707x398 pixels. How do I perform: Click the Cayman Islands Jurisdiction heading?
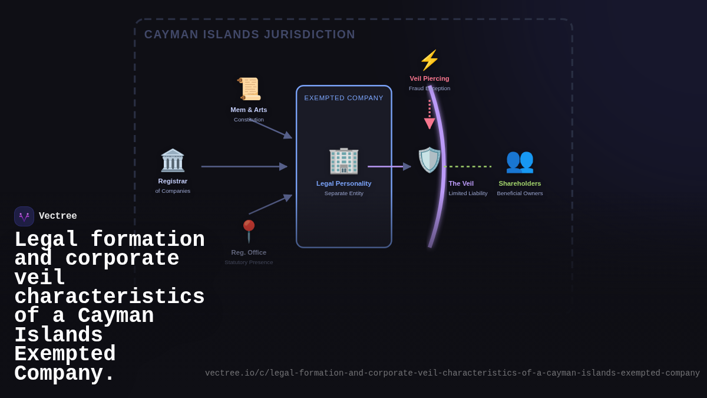coord(250,35)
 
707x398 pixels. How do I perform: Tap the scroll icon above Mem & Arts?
coord(249,88)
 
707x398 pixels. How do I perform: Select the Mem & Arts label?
coord(249,110)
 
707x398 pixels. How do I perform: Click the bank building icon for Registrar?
coord(173,160)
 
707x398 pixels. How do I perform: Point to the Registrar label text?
coord(173,181)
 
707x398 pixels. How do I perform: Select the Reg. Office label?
coord(249,252)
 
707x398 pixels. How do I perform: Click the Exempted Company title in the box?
coord(344,98)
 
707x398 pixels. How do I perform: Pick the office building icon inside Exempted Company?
coord(343,160)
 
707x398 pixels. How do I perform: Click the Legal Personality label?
coord(344,183)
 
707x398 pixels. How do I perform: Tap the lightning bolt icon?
coord(430,60)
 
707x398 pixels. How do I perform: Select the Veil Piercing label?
coord(430,78)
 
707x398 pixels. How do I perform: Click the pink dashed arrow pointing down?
coord(430,115)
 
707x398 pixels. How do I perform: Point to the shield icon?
coord(430,160)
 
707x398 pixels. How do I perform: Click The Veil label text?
coord(461,183)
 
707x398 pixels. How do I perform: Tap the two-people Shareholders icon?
coord(520,160)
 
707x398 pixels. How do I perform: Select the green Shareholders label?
coord(520,183)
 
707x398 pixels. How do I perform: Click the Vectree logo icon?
coord(24,216)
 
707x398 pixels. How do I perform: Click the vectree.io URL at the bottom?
coord(452,373)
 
